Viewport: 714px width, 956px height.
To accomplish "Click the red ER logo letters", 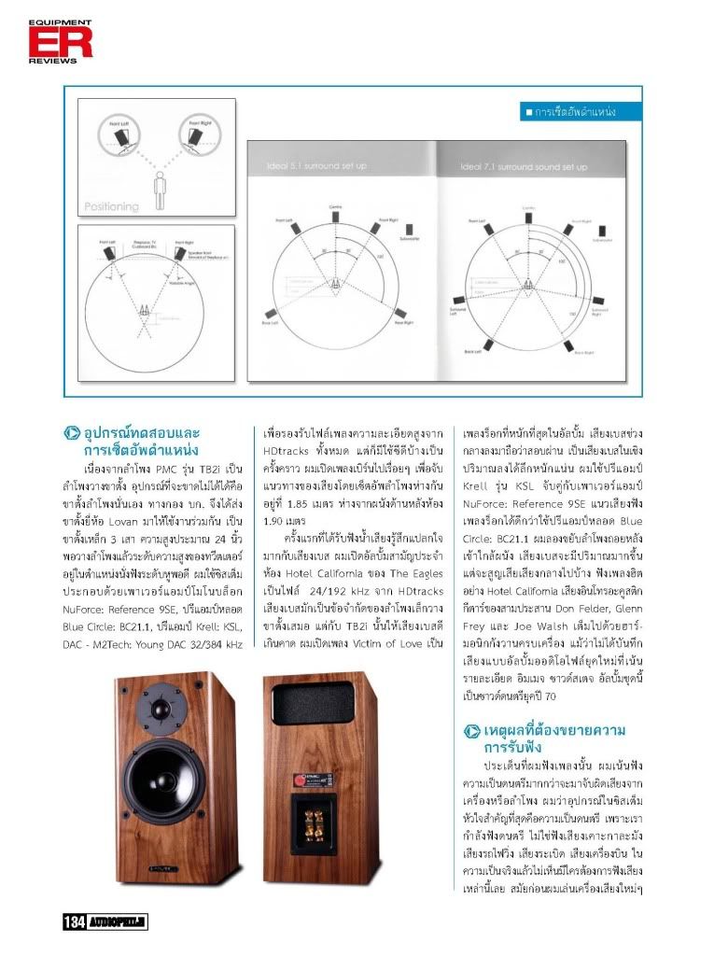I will coord(47,41).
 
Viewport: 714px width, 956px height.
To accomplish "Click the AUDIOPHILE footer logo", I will coord(118,923).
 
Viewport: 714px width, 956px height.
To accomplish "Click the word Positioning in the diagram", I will coord(112,206).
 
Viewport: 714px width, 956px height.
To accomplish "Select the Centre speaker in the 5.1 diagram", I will coord(335,212).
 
